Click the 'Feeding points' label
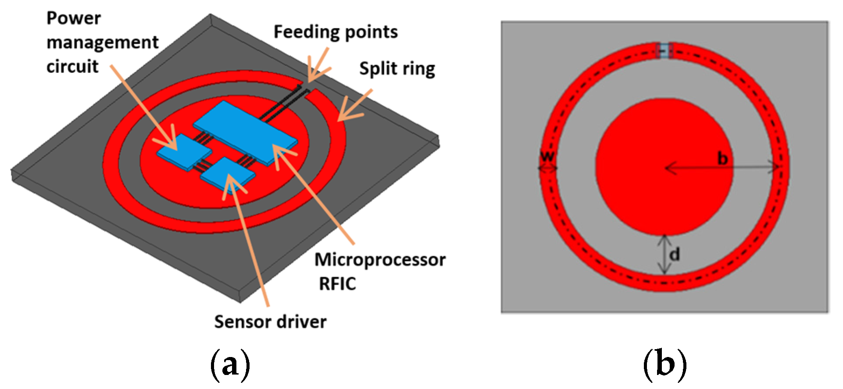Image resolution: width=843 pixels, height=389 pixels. pyautogui.click(x=336, y=32)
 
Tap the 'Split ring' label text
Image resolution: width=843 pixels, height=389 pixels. pyautogui.click(x=397, y=69)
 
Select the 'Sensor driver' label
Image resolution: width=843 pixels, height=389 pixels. pyautogui.click(x=270, y=322)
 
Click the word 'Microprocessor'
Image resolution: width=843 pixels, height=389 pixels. pyautogui.click(x=380, y=260)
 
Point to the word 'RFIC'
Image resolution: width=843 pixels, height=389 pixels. pyautogui.click(x=337, y=284)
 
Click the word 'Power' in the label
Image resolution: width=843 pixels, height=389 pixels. pyautogui.click(x=74, y=18)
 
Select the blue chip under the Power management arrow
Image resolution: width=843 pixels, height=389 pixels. pyautogui.click(x=184, y=152)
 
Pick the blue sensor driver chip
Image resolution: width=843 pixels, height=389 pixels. pyautogui.click(x=227, y=175)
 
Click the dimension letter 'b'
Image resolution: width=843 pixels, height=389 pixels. pyautogui.click(x=722, y=159)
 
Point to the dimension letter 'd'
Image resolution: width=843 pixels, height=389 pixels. pyautogui.click(x=675, y=254)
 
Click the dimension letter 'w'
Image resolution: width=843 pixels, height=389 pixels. pyautogui.click(x=547, y=156)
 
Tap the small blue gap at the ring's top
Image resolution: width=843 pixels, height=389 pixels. pyautogui.click(x=664, y=51)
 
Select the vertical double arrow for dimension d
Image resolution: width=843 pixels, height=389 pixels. pyautogui.click(x=664, y=255)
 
